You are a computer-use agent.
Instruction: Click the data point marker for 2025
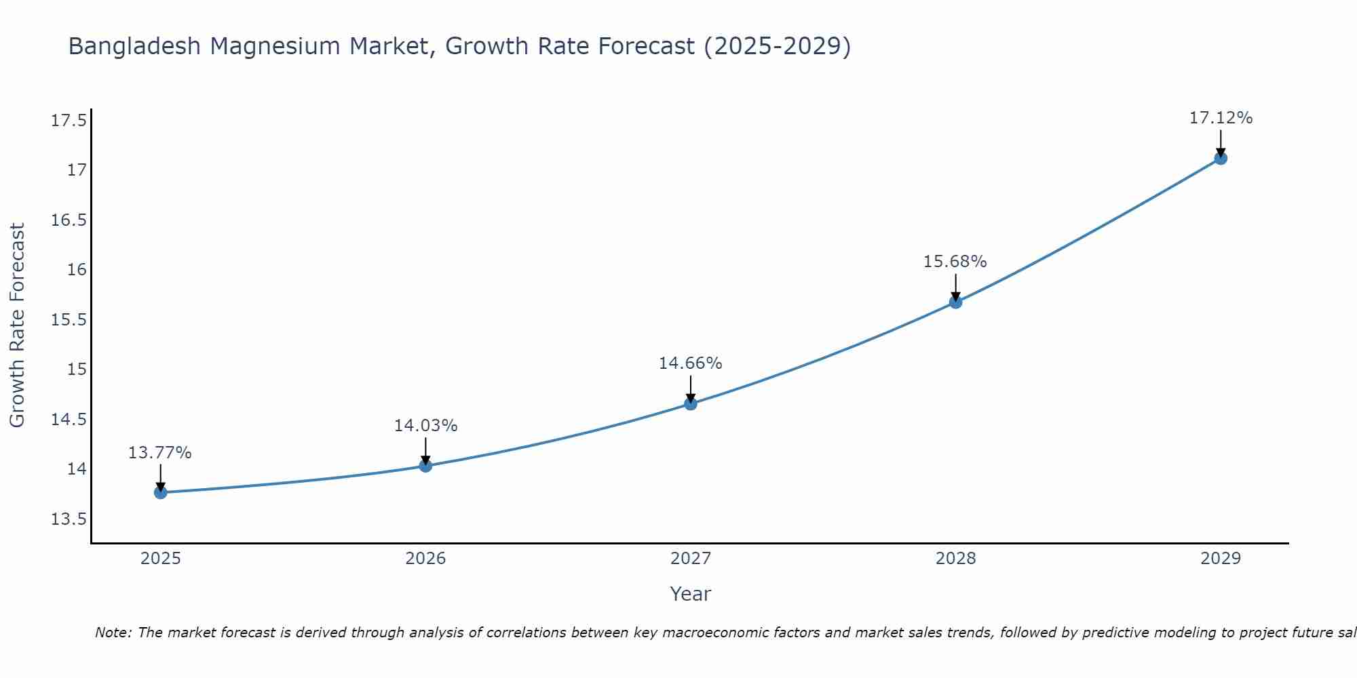point(161,492)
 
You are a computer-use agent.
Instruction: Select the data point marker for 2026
point(425,466)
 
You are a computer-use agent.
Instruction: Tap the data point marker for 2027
point(691,403)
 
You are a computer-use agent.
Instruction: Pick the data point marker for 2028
point(955,302)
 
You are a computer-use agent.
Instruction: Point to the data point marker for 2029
point(1220,158)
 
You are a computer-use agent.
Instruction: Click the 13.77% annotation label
point(160,453)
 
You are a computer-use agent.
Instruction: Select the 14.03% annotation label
point(425,426)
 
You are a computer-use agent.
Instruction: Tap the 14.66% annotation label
point(690,363)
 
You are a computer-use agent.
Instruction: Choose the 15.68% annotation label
point(955,262)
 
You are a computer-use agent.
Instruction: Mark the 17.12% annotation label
point(1220,118)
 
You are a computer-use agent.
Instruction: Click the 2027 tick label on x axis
point(691,559)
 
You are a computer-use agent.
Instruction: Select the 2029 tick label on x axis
point(1220,559)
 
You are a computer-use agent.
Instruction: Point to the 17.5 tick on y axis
point(69,121)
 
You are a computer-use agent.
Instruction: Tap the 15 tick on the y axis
point(77,370)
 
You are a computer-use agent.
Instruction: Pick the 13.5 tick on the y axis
point(69,519)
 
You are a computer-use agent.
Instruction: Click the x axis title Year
point(690,594)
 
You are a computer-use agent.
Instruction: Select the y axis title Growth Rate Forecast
point(18,325)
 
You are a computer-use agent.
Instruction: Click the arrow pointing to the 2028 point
point(955,287)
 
